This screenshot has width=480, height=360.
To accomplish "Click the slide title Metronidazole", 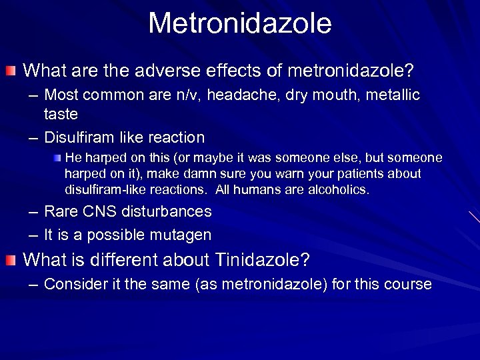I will click(x=240, y=23).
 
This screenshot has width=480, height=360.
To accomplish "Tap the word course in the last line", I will click(x=410, y=285).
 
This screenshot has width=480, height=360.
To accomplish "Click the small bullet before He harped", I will click(x=59, y=158).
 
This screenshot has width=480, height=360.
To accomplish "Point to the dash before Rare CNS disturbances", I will click(x=33, y=212).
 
